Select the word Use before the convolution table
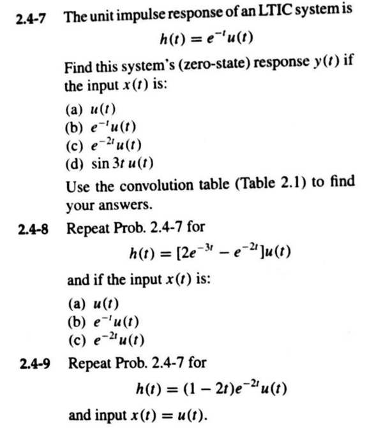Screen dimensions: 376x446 coord(76,187)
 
